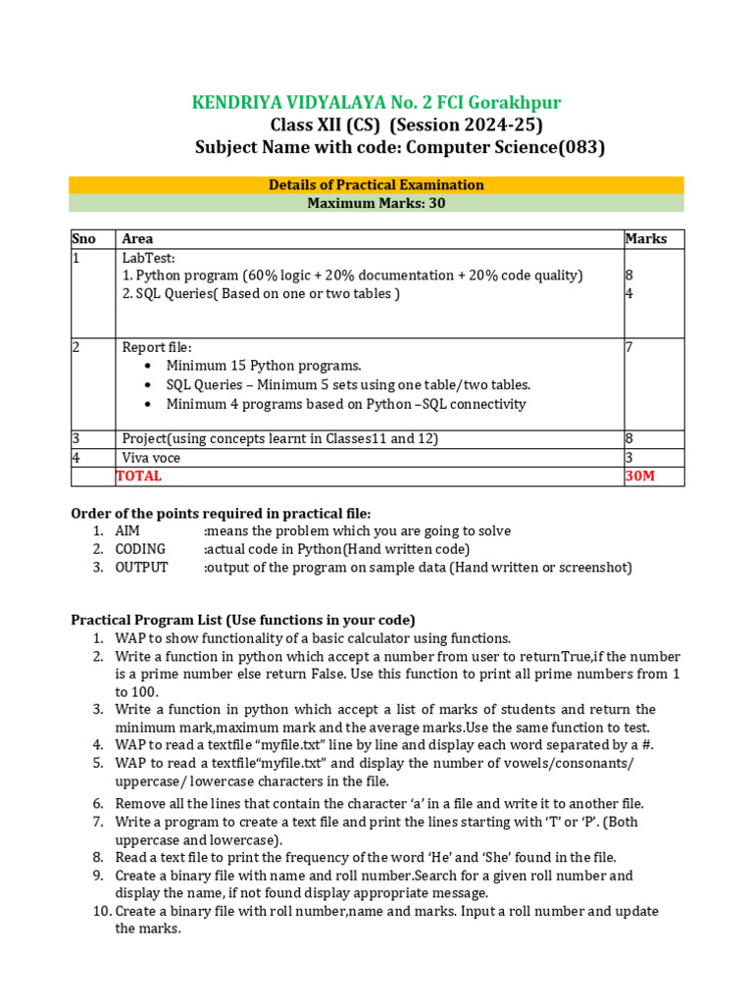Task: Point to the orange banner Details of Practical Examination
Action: [376, 184]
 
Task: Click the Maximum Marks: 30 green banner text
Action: [376, 203]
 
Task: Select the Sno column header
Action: [84, 239]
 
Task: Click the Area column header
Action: [137, 239]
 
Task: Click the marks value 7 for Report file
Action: [628, 347]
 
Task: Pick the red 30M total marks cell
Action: [638, 477]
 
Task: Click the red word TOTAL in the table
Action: [139, 477]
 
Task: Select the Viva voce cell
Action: [151, 458]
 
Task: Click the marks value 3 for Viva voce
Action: [628, 458]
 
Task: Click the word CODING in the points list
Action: [140, 549]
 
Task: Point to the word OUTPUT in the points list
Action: [141, 568]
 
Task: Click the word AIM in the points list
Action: [127, 530]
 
